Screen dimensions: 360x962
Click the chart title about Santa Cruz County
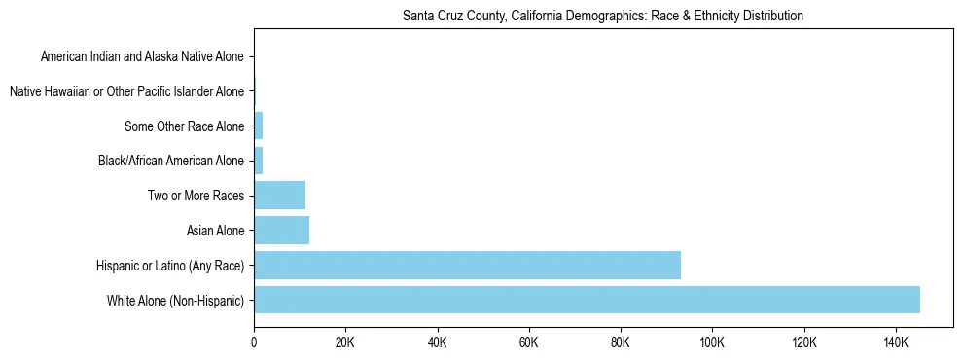pyautogui.click(x=602, y=17)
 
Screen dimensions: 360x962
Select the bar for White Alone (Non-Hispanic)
pyautogui.click(x=587, y=300)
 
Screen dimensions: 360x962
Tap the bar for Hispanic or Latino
pyautogui.click(x=467, y=265)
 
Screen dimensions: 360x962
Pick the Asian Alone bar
pyautogui.click(x=281, y=230)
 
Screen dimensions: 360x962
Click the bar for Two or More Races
pyautogui.click(x=279, y=196)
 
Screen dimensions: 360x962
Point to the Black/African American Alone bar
pyautogui.click(x=259, y=161)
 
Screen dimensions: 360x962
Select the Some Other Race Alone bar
pyautogui.click(x=259, y=126)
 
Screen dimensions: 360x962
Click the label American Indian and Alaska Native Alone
pyautogui.click(x=142, y=57)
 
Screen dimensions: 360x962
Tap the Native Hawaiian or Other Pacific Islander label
pyautogui.click(x=126, y=91)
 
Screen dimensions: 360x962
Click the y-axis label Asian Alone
pyautogui.click(x=215, y=231)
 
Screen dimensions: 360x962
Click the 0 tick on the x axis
pyautogui.click(x=254, y=342)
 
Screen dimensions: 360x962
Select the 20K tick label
pyautogui.click(x=345, y=342)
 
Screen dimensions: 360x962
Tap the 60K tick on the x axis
pyautogui.click(x=529, y=342)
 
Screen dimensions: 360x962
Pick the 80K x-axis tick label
pyautogui.click(x=621, y=342)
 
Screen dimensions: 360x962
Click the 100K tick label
pyautogui.click(x=712, y=342)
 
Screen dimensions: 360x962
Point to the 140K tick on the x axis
pyautogui.click(x=896, y=342)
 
